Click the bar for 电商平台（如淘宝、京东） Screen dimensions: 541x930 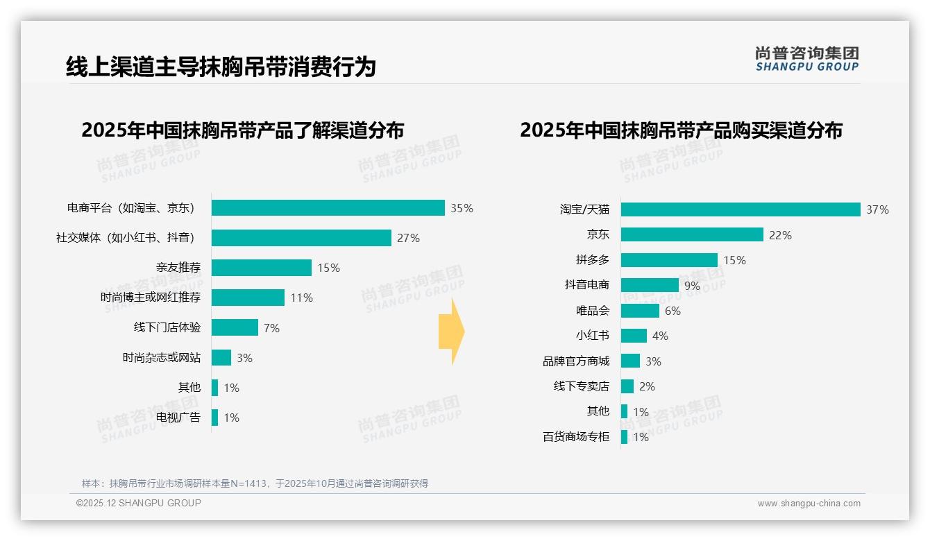pos(328,208)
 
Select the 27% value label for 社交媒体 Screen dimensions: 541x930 pos(408,238)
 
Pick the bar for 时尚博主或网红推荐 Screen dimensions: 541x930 pos(248,298)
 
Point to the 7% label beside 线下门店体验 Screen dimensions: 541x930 pos(271,328)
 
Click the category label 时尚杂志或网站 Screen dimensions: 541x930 pos(162,358)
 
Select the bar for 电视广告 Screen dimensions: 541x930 pos(214,418)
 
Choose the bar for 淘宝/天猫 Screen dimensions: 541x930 pos(741,209)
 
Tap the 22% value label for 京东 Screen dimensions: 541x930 pos(780,235)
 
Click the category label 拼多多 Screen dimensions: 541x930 pos(592,260)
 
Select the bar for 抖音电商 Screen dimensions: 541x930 pos(650,285)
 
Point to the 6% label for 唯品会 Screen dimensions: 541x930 pos(673,311)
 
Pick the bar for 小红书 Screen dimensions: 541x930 pos(634,336)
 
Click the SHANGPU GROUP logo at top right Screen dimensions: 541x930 pos(806,59)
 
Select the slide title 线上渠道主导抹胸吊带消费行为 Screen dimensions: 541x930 pos(221,67)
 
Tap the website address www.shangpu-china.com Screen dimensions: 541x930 pos(809,504)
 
